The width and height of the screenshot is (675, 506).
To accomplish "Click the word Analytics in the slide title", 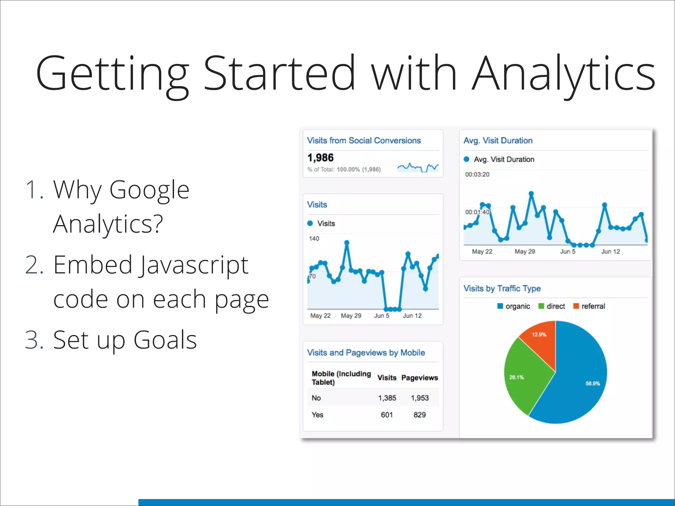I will [564, 73].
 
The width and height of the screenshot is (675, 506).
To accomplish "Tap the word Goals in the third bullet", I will [165, 340].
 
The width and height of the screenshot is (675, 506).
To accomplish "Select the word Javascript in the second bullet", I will [194, 265].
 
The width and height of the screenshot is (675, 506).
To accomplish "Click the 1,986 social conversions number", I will [320, 158].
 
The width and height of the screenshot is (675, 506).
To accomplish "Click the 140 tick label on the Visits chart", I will [314, 239].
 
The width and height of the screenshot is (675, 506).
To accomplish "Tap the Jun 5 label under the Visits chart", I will [382, 316].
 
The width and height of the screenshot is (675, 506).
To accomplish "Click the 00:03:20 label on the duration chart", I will [477, 174].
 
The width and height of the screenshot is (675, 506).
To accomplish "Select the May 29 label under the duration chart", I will [525, 251].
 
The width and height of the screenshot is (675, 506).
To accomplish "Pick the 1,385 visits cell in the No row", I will [387, 398].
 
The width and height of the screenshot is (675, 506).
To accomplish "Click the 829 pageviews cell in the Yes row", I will [420, 415].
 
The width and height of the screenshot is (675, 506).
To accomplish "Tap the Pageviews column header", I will [420, 378].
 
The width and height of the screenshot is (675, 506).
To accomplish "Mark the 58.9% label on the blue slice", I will [593, 383].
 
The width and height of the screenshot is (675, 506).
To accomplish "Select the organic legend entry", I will [514, 306].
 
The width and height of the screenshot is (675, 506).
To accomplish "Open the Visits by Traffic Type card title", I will [502, 289].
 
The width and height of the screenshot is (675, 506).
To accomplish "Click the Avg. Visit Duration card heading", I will [498, 141].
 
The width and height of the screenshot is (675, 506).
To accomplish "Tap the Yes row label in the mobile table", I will [317, 415].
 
